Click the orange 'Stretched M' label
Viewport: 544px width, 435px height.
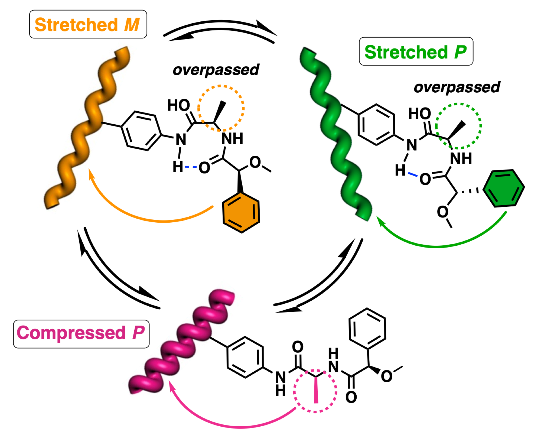(x=88, y=24)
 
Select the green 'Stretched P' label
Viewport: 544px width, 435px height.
(x=416, y=51)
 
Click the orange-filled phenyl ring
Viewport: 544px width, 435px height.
(x=241, y=213)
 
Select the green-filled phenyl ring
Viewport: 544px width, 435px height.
(x=504, y=188)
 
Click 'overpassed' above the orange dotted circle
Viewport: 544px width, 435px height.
(x=216, y=70)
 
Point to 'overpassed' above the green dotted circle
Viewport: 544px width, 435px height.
(x=457, y=87)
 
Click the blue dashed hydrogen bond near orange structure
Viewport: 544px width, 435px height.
(x=191, y=167)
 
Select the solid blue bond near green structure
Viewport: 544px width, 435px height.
(x=413, y=174)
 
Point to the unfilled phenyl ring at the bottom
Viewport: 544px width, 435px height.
(x=367, y=329)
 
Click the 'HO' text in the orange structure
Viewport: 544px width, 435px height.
(x=178, y=105)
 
